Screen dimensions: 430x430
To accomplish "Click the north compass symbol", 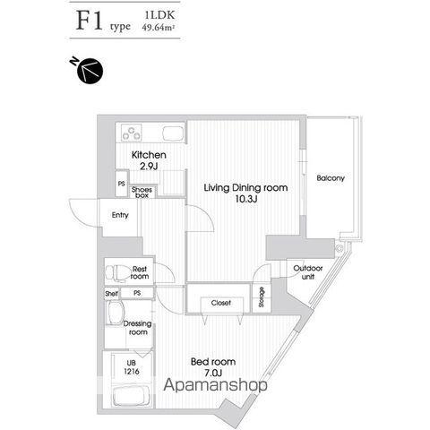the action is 89,70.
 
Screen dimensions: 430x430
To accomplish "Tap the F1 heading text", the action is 89,21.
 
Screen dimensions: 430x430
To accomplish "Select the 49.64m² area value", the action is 159,28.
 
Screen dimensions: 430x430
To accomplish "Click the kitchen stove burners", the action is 132,133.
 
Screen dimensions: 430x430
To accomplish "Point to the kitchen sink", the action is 173,133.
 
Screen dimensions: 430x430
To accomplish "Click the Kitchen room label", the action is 149,160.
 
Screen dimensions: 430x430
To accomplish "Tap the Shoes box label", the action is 142,193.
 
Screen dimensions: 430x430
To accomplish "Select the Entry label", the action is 120,215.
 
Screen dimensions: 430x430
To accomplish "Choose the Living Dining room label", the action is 245,193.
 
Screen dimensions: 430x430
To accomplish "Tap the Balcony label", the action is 331,178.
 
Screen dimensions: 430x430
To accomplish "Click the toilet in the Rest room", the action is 116,272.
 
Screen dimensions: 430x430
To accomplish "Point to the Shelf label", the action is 111,294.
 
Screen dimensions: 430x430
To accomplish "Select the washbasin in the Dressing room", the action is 116,313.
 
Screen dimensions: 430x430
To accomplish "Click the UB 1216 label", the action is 132,367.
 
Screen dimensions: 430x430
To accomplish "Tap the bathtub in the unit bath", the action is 131,396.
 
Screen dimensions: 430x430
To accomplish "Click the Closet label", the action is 221,303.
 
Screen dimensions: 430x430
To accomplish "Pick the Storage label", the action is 262,297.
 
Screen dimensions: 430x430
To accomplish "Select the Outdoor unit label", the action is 308,272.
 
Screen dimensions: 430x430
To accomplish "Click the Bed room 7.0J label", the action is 213,367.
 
